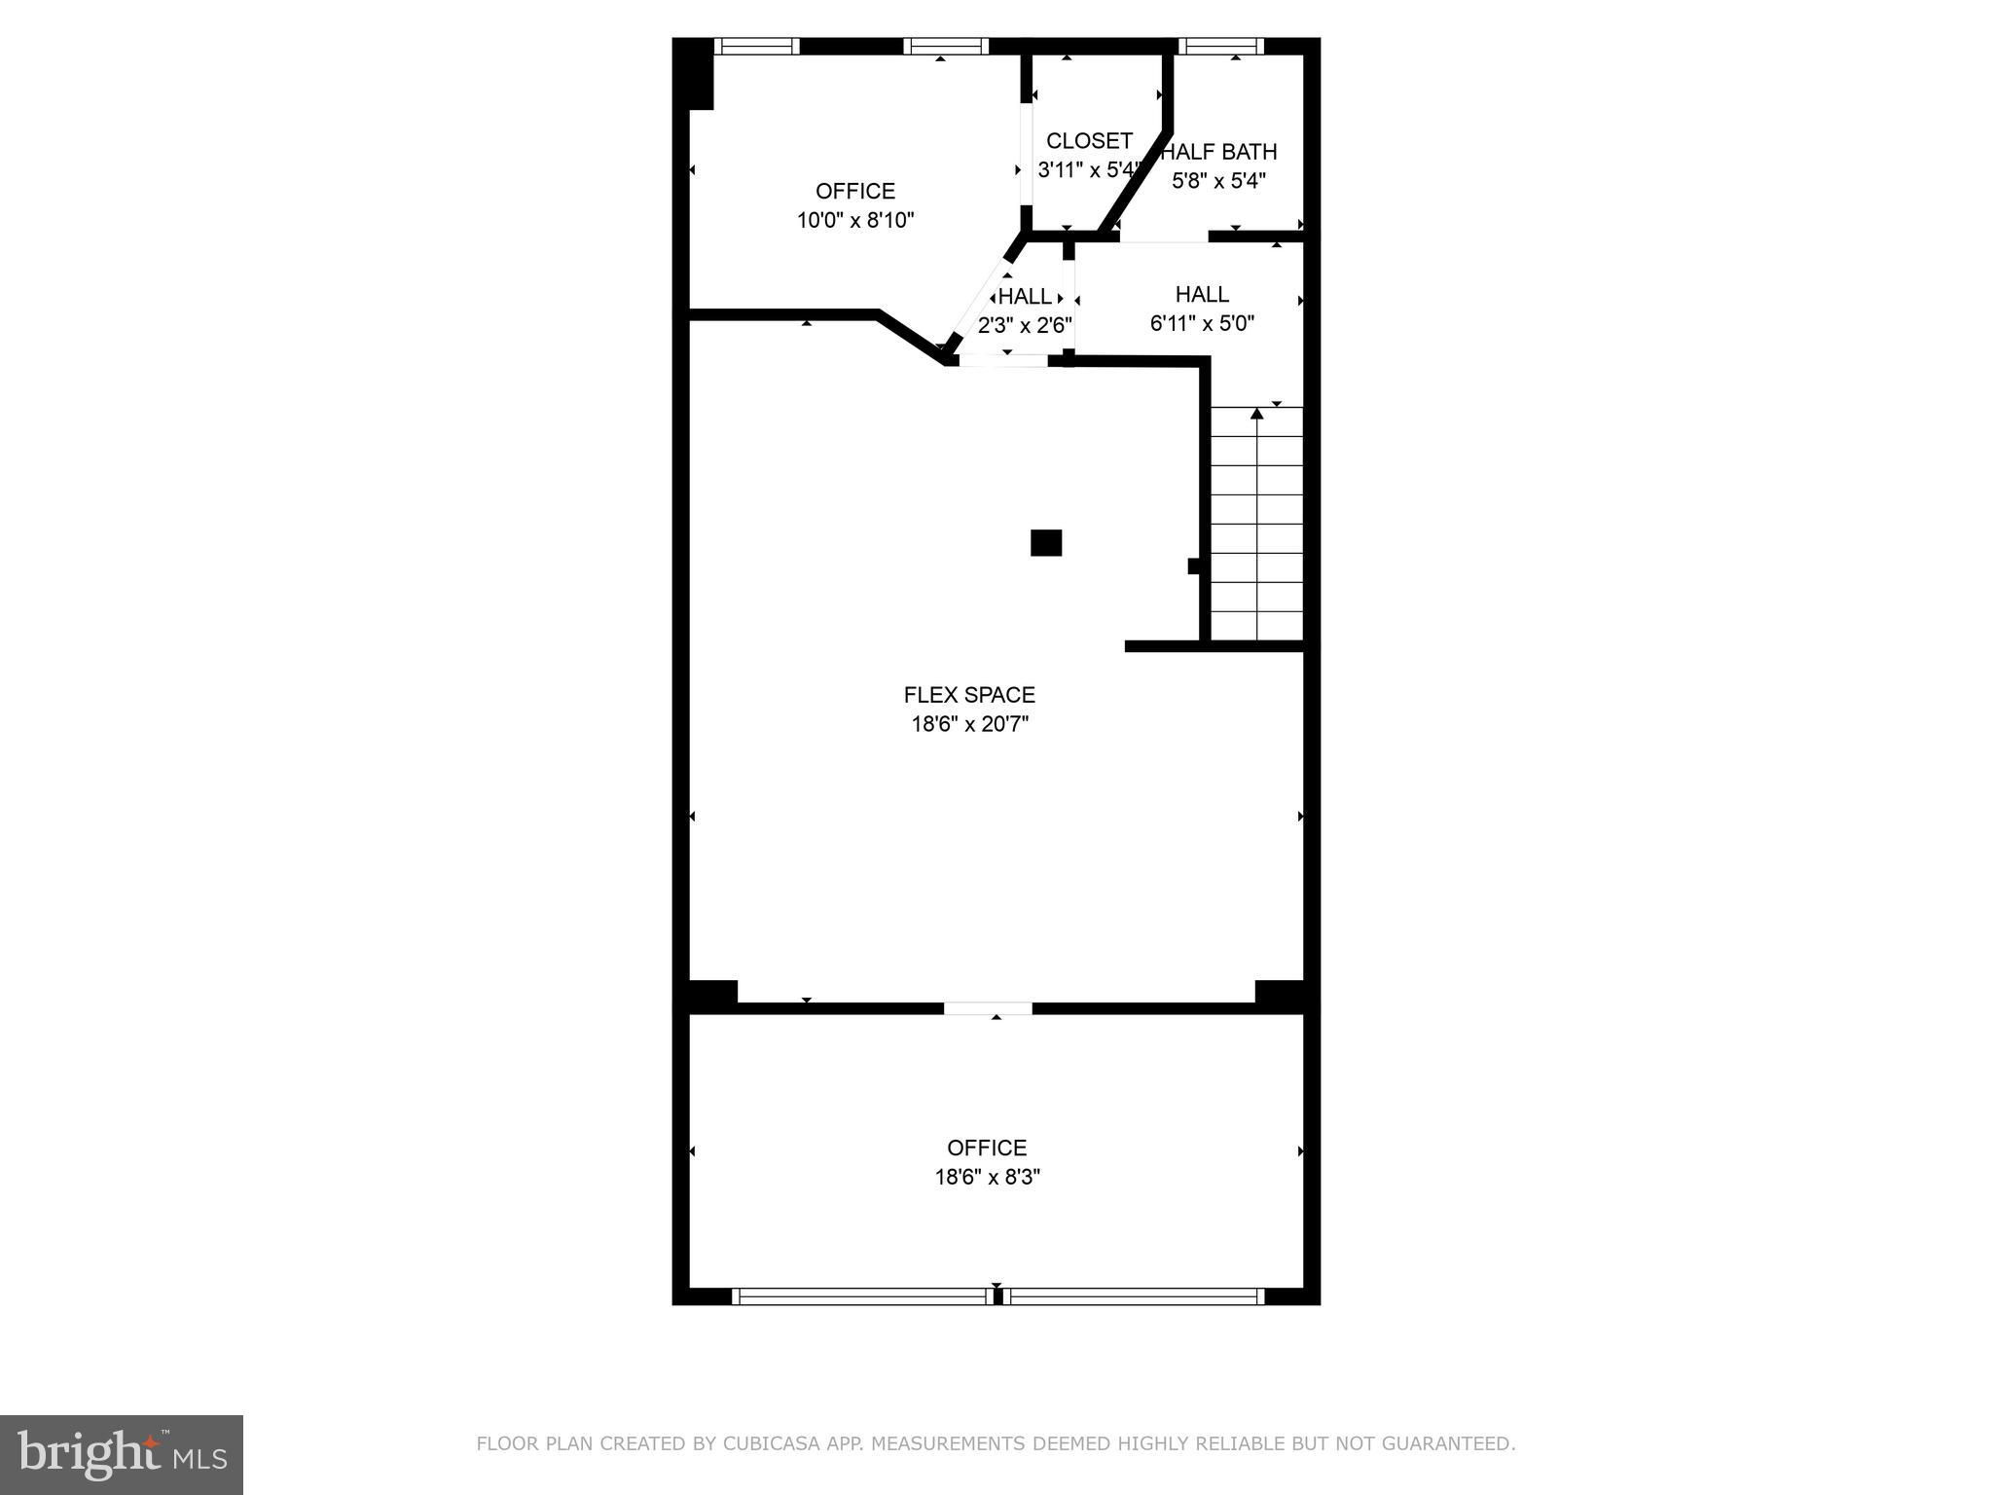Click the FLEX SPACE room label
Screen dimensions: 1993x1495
tap(969, 695)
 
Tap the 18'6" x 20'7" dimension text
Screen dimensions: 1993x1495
tap(969, 724)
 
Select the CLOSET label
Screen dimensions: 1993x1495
tap(1089, 141)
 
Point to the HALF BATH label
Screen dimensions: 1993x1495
tap(1220, 152)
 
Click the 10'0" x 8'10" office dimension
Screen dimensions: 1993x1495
tap(855, 220)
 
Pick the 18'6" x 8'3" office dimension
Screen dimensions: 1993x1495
tap(988, 1177)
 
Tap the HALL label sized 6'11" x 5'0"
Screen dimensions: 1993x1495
tap(1202, 294)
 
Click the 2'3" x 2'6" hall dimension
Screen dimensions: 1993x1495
tap(1025, 325)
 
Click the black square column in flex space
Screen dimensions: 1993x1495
tap(1046, 542)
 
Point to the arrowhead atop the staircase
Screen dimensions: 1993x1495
tap(1256, 415)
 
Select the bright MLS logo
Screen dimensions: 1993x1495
tap(122, 1455)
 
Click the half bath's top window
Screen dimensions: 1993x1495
tap(1221, 46)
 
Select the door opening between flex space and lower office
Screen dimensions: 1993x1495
tap(988, 1008)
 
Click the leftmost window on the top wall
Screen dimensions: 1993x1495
tap(757, 46)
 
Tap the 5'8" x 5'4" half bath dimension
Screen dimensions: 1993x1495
tap(1218, 181)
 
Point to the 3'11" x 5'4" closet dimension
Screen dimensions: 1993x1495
tap(1089, 170)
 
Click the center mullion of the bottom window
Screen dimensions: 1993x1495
tap(997, 1296)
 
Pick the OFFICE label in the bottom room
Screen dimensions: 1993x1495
tap(987, 1148)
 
